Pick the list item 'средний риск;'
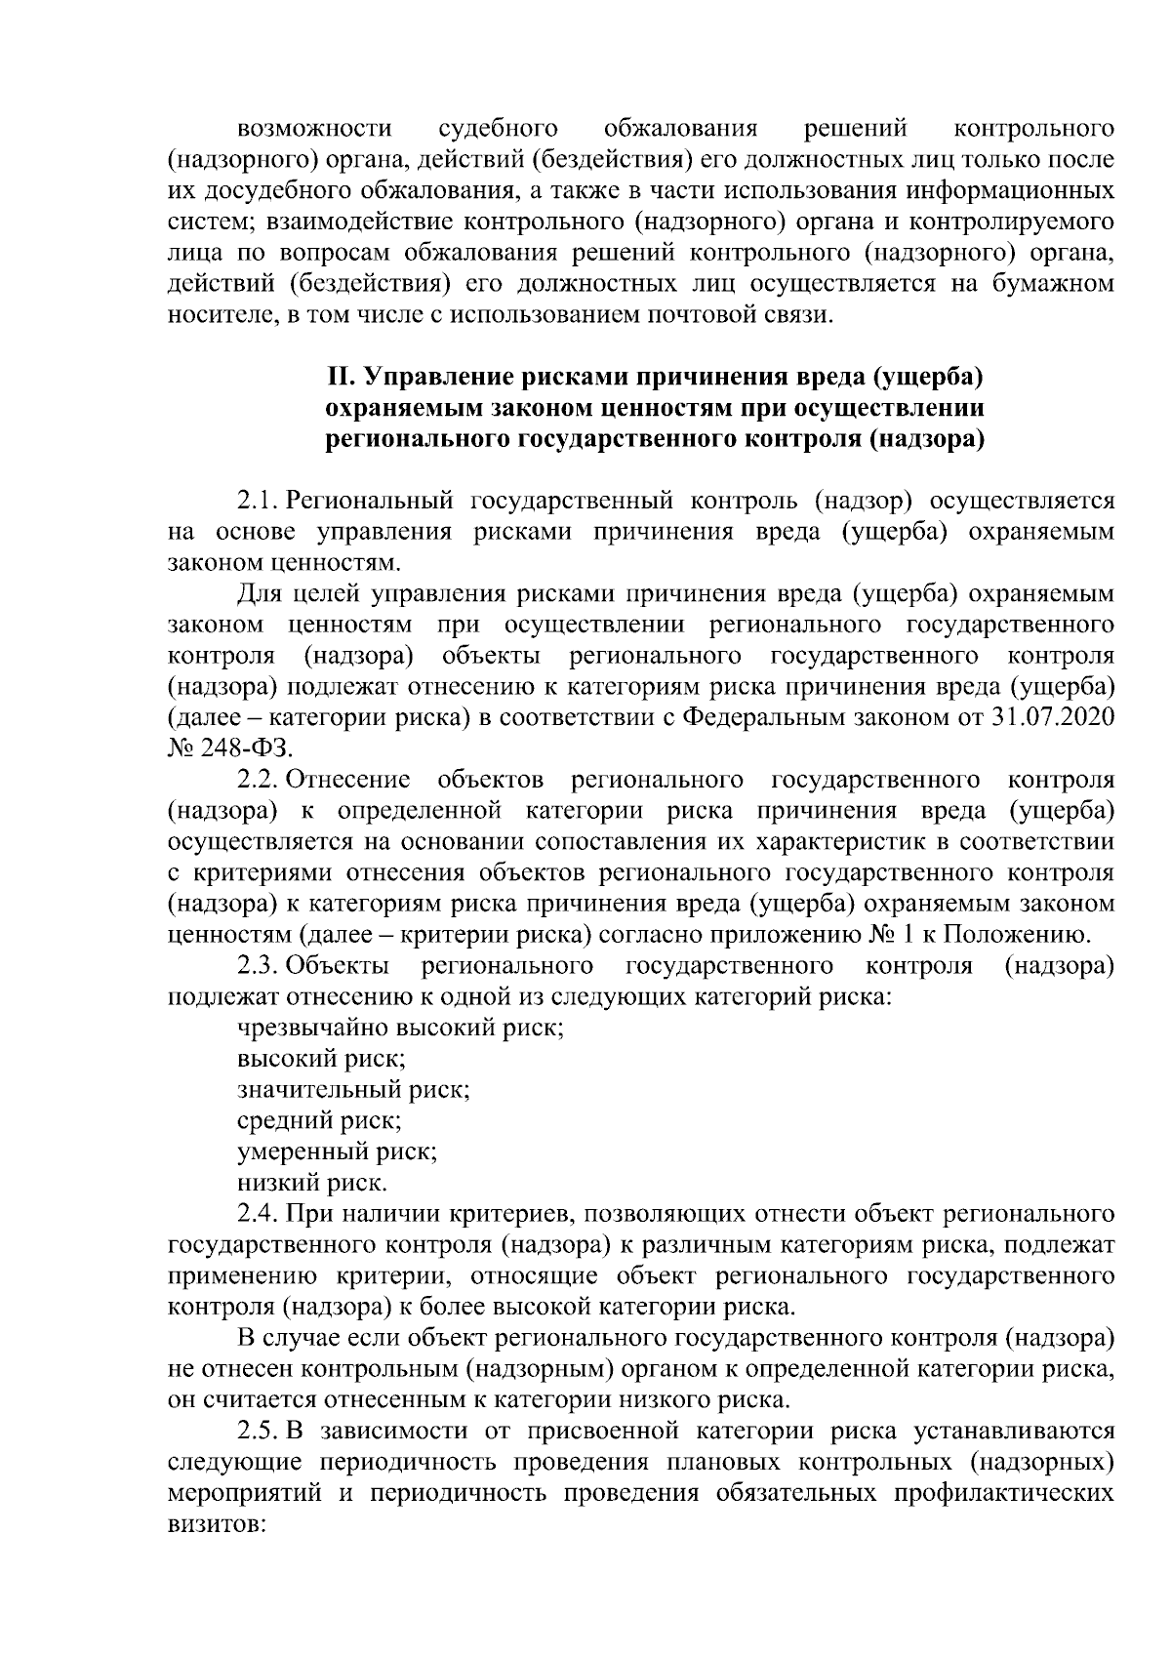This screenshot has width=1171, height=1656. (319, 1121)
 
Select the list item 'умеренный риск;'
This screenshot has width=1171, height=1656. (337, 1152)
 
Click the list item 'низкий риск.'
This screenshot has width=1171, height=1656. (311, 1184)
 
